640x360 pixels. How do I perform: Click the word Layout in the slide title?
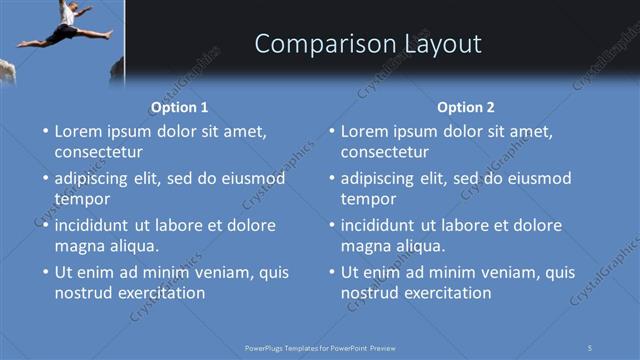440,44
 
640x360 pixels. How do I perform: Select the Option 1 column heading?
180,107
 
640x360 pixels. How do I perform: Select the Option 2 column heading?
466,107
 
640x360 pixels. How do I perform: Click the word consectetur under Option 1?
99,152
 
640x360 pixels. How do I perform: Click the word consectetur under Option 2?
385,152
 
